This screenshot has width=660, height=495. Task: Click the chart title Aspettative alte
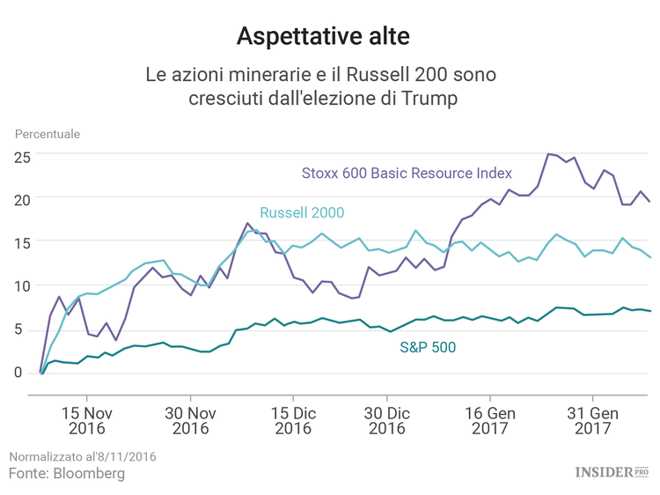point(322,36)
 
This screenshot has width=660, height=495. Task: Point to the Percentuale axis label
point(47,134)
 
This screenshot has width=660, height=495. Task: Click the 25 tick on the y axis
point(22,157)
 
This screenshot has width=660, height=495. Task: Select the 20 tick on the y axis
point(22,200)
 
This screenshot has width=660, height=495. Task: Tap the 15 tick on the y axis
point(22,243)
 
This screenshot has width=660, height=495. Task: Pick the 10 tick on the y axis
point(22,286)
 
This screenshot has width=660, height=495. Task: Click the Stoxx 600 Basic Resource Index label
point(407,173)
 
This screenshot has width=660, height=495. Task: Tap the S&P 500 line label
point(428,347)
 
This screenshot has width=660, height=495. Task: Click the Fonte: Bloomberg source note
point(67,474)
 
